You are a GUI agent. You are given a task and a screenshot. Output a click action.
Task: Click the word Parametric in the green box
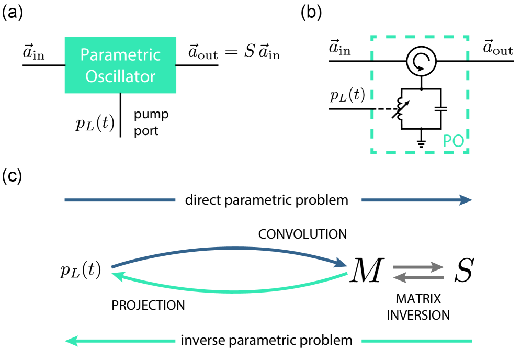[120, 55]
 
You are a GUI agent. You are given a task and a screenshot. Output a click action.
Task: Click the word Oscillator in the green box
[120, 76]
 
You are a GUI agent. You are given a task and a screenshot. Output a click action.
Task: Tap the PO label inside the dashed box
[453, 141]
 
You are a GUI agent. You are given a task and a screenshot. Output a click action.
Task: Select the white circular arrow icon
[423, 63]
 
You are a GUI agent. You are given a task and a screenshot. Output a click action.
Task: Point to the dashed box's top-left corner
[372, 38]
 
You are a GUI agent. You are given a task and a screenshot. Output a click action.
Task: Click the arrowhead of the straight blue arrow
[466, 200]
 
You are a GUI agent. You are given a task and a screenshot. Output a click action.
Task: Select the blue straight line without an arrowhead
[120, 200]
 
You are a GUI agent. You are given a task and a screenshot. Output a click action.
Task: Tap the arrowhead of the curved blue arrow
[342, 263]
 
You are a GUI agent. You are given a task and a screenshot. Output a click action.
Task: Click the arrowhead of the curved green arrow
[117, 276]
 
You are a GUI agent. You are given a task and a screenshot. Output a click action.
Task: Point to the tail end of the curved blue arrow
[112, 267]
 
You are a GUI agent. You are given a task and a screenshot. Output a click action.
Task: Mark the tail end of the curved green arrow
[346, 273]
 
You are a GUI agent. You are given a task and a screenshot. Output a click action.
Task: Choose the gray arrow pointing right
[418, 267]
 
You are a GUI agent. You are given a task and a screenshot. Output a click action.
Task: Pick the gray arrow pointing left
[418, 277]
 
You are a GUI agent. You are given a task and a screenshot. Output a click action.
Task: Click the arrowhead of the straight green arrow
[71, 341]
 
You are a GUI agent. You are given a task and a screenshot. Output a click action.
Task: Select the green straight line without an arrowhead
[416, 341]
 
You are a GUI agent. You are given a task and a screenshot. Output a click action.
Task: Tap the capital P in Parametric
[84, 55]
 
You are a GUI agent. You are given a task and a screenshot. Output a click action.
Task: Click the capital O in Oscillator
[91, 76]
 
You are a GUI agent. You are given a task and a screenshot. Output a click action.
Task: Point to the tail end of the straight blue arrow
[363, 200]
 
